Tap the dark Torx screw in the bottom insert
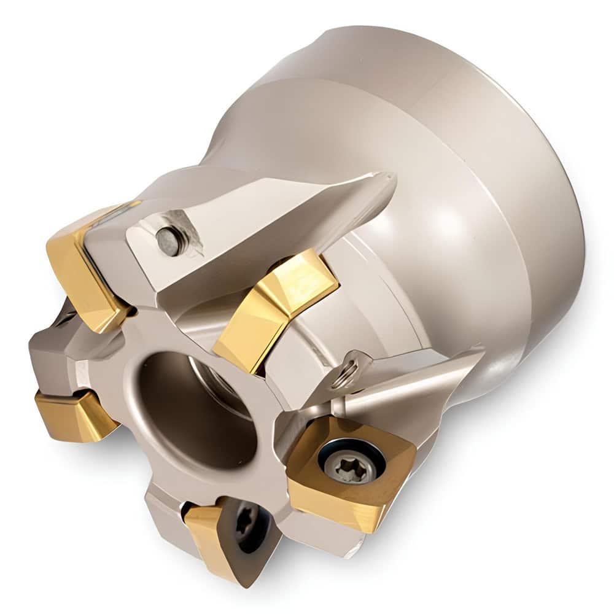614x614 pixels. coord(245,523)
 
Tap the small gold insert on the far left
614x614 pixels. coord(74,414)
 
